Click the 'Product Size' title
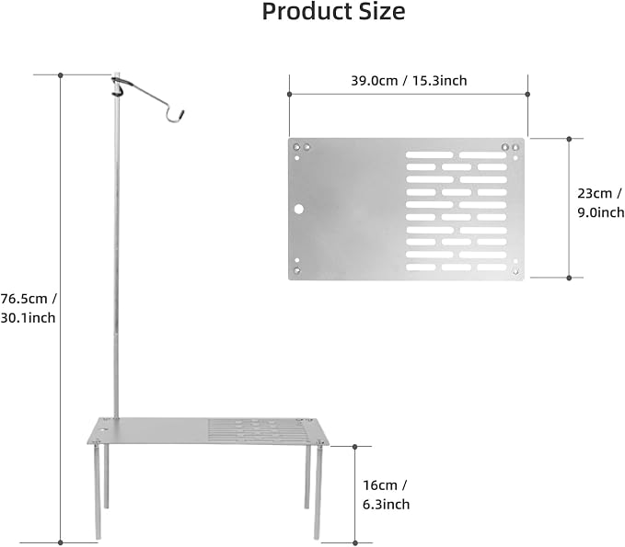333,12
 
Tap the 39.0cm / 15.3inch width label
409,81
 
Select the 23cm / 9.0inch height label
601,202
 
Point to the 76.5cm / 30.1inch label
29,308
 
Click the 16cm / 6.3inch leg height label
386,495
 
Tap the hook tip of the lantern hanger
182,112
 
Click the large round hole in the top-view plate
299,209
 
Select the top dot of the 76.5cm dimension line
61,74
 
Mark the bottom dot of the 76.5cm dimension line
61,542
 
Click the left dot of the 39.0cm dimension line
289,95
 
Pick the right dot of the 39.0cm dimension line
527,95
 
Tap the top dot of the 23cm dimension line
569,139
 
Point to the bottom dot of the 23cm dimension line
569,278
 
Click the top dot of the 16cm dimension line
355,447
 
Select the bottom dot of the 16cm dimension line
355,542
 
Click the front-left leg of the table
98,491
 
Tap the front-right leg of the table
318,493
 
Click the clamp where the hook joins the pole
117,87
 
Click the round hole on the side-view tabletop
104,431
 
